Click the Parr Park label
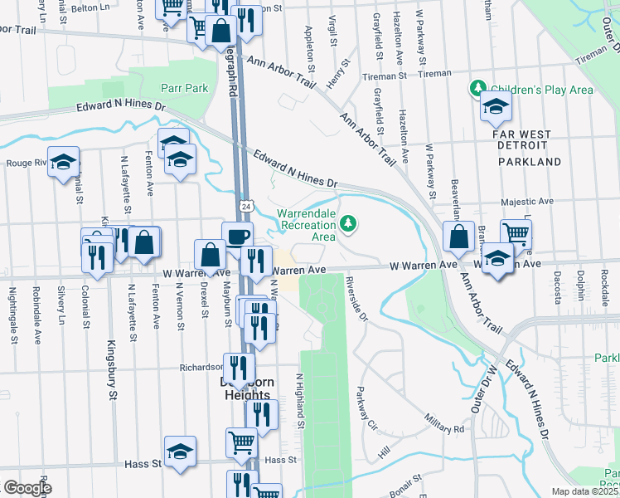click(185, 87)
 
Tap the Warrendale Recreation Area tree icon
click(350, 222)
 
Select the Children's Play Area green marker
click(478, 88)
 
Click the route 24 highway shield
click(246, 205)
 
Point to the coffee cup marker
click(237, 236)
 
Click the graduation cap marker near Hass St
click(180, 452)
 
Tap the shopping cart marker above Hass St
click(241, 442)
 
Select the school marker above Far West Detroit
click(496, 107)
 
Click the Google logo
click(27, 487)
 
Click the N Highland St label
click(301, 401)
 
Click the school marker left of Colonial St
click(63, 163)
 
